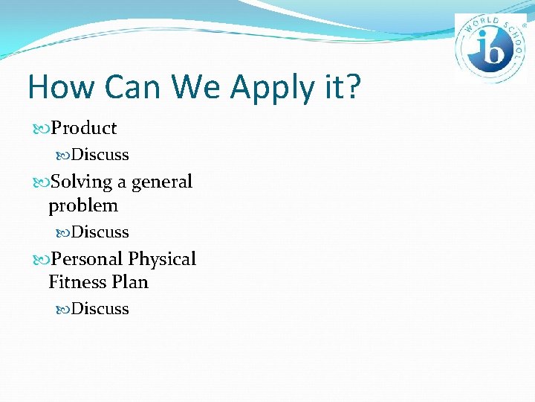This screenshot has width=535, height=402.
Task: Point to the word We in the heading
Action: (197, 87)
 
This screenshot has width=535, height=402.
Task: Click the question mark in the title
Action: (352, 87)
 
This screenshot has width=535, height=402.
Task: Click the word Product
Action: (83, 128)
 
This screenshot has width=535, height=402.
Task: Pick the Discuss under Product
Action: (100, 155)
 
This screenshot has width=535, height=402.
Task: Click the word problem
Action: (83, 205)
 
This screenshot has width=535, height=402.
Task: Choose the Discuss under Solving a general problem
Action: (100, 232)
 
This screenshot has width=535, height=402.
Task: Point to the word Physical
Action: (162, 259)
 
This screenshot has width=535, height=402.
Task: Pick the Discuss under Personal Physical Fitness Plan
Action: (100, 309)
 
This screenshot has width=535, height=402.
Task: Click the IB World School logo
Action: (490, 48)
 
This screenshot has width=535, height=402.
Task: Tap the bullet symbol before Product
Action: (41, 129)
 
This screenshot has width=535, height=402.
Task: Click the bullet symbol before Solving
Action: (41, 182)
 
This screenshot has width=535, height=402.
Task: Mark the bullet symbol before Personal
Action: (41, 260)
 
